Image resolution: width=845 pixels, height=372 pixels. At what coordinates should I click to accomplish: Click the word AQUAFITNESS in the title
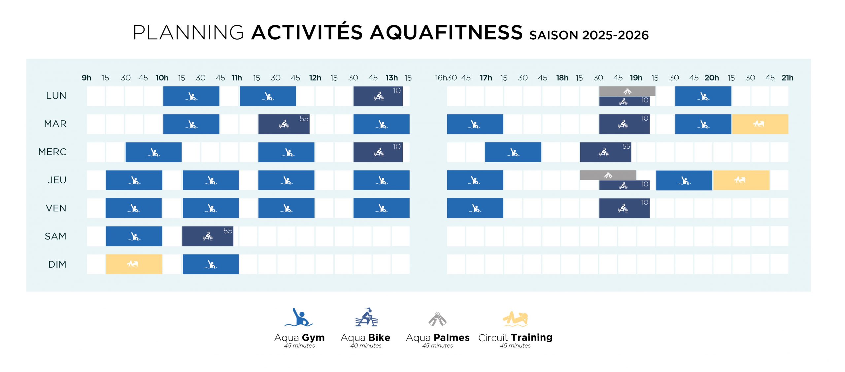point(446,33)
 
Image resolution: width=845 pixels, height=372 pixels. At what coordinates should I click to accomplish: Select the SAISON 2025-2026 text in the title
point(589,35)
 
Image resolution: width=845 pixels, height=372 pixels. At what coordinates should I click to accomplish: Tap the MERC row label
point(52,152)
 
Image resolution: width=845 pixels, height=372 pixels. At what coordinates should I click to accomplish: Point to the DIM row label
point(57,264)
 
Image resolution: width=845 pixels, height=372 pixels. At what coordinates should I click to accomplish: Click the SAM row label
point(55,236)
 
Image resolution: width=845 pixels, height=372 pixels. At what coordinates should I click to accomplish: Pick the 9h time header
point(86,78)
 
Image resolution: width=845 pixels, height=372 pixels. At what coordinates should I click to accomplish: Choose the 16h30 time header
point(446,78)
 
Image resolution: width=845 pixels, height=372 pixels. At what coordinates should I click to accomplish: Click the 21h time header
point(787,78)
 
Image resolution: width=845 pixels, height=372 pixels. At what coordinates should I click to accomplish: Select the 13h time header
point(392,78)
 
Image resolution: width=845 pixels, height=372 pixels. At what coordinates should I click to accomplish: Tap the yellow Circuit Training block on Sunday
point(134,264)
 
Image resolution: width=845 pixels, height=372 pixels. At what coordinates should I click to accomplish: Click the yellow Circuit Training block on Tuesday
point(760,124)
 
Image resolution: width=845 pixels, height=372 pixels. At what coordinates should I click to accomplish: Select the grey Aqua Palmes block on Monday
point(627,91)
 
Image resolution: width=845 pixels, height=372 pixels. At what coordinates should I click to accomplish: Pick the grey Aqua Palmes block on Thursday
point(608,175)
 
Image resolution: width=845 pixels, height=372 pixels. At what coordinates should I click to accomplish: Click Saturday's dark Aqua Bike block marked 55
point(208,236)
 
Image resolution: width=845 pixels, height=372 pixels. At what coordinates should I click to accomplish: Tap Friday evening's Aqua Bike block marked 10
point(624,208)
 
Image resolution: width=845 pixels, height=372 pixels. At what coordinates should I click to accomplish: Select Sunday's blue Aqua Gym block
point(211,264)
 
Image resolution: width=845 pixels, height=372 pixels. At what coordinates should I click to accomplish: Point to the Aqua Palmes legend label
point(437,338)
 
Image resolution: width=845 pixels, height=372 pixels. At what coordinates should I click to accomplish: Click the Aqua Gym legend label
point(299,338)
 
